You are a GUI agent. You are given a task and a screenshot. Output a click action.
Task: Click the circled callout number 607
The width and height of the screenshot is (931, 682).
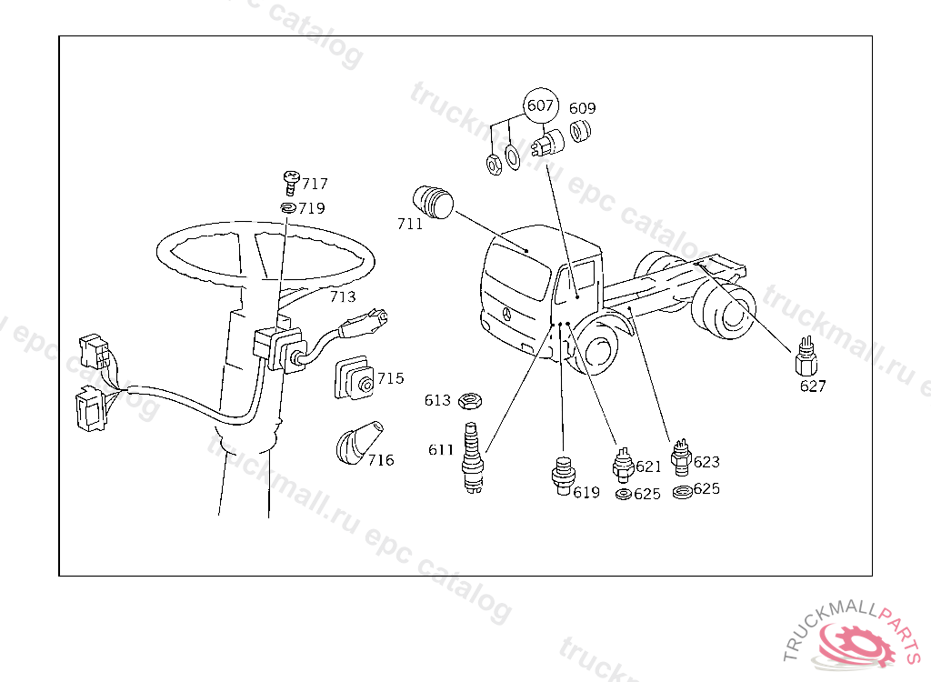tap(540, 105)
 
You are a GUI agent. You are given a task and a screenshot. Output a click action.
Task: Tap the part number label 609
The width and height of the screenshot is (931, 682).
tap(582, 108)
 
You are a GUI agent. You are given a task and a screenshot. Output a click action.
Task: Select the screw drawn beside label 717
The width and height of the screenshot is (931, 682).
tap(291, 183)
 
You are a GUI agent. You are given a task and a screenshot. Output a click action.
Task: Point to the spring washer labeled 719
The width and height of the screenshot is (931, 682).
tap(288, 208)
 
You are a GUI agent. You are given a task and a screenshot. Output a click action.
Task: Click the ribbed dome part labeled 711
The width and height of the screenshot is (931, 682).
tap(433, 203)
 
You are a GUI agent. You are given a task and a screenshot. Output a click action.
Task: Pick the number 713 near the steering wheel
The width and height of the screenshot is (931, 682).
tap(343, 296)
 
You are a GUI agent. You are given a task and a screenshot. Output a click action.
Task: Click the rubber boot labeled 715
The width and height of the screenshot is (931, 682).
tap(355, 378)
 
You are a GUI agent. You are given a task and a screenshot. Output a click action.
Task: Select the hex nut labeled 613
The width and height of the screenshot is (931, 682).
tap(470, 401)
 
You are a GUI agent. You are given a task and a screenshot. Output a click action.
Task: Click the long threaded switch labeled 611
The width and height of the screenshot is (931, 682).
tap(472, 456)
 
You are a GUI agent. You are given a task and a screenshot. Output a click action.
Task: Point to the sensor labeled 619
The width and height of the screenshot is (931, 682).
tap(563, 476)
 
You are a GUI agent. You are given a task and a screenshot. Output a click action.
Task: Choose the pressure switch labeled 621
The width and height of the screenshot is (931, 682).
tap(623, 465)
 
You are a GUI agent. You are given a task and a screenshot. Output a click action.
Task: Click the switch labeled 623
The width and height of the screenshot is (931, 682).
tap(681, 457)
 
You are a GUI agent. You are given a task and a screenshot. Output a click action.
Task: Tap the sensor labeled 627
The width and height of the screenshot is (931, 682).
tap(806, 356)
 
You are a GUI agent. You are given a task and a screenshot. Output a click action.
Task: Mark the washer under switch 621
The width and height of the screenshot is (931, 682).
tap(624, 494)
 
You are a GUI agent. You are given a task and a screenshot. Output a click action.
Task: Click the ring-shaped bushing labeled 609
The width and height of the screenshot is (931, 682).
tap(580, 131)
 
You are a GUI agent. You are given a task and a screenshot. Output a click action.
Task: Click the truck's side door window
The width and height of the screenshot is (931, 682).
tap(576, 280)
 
